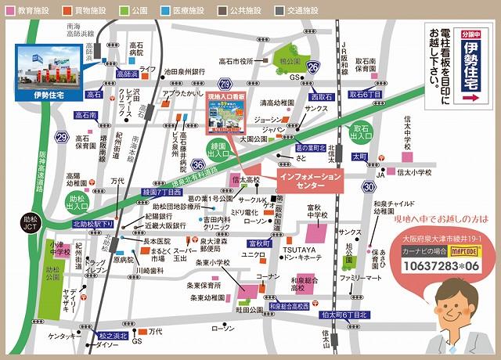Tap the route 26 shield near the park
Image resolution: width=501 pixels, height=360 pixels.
pyautogui.click(x=313, y=67)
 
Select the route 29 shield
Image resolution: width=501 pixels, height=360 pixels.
pyautogui.click(x=61, y=138)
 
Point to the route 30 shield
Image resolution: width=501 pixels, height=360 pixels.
pyautogui.click(x=368, y=187)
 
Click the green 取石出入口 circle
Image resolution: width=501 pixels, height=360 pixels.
pyautogui.click(x=362, y=132)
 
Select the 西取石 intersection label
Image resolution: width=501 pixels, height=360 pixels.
pyautogui.click(x=321, y=97)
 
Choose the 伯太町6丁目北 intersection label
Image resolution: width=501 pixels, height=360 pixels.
pyautogui.click(x=344, y=315)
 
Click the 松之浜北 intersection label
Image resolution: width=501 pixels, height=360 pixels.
pyautogui.click(x=112, y=335)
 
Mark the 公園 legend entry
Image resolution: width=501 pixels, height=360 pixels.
pyautogui.click(x=142, y=11)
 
